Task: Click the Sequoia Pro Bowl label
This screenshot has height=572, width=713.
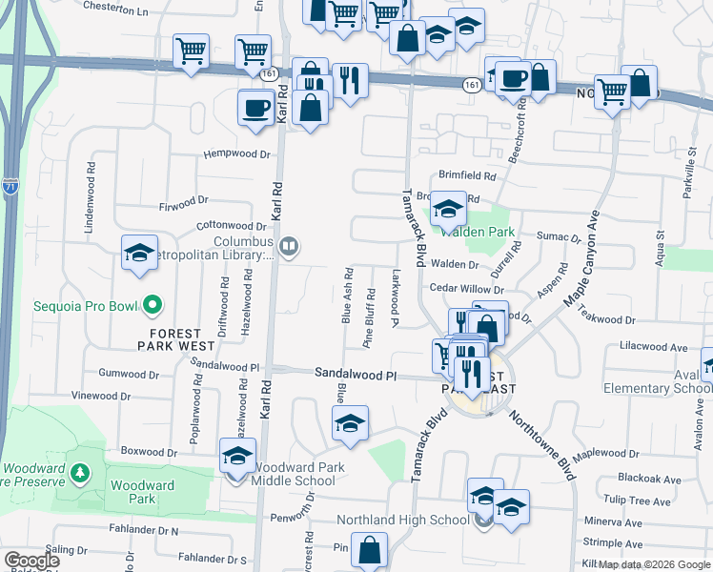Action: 74,307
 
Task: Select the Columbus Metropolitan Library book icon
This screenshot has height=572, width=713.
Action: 290,248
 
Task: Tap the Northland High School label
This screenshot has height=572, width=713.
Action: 404,521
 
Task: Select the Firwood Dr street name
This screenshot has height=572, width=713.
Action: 183,203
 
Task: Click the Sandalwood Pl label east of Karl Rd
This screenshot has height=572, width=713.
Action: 356,377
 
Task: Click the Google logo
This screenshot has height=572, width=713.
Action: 31,561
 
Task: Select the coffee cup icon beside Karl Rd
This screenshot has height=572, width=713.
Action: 255,107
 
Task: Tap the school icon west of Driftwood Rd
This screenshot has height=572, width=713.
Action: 140,254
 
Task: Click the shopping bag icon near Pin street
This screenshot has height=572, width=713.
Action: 369,550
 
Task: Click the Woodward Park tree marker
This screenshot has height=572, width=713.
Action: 81,471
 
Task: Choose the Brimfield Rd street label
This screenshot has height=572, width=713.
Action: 468,176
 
